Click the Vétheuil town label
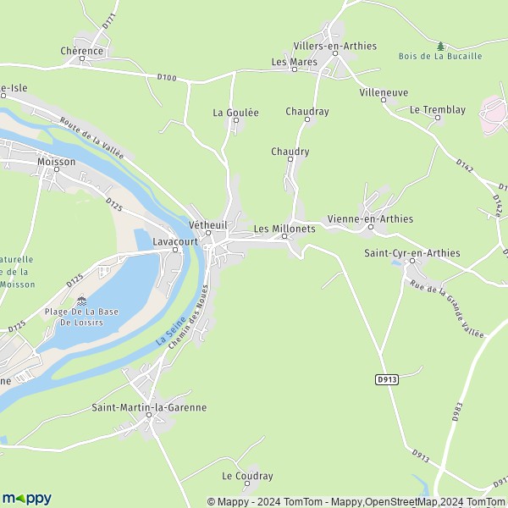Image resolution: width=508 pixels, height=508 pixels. tap(207, 225)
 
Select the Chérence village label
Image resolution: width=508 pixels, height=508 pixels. tap(82, 51)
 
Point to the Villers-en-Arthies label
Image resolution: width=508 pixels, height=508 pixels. tap(334, 46)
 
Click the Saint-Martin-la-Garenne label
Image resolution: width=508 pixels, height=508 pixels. tap(149, 407)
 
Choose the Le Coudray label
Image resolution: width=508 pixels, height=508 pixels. tap(247, 476)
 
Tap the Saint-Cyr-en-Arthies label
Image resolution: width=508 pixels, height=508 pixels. tap(411, 252)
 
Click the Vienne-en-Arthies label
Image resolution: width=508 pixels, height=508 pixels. tap(370, 218)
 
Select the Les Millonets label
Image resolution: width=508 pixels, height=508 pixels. tap(284, 229)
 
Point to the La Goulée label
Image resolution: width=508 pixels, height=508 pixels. tap(235, 112)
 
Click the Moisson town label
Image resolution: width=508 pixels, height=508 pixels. tap(57, 161)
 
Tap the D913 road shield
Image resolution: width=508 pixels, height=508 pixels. tap(386, 380)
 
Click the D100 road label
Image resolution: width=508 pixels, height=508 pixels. tap(167, 79)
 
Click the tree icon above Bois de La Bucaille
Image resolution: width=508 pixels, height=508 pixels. tap(439, 45)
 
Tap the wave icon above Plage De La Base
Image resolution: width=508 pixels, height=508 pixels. tap(81, 300)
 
